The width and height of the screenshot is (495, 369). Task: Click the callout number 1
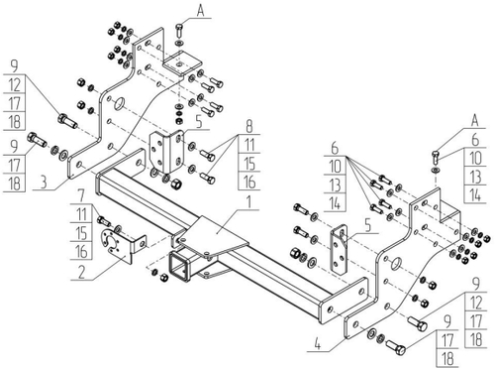pyautogui.click(x=249, y=202)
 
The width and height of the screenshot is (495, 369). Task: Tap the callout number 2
pyautogui.click(x=81, y=272)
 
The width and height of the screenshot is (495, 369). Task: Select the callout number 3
pyautogui.click(x=44, y=183)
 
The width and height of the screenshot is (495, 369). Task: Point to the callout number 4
pyautogui.click(x=317, y=345)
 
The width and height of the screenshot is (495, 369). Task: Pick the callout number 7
pyautogui.click(x=81, y=196)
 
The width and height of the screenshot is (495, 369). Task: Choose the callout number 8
pyautogui.click(x=249, y=126)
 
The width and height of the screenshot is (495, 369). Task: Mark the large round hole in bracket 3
pyautogui.click(x=120, y=104)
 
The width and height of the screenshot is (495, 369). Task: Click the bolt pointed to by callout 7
pyautogui.click(x=104, y=221)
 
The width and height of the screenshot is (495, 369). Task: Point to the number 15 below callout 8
pyautogui.click(x=249, y=164)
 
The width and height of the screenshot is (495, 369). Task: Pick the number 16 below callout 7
pyautogui.click(x=81, y=251)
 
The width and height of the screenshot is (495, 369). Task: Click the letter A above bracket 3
pyautogui.click(x=200, y=10)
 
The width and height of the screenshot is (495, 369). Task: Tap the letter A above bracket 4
pyautogui.click(x=474, y=120)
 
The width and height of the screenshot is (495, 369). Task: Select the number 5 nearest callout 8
pyautogui.click(x=199, y=122)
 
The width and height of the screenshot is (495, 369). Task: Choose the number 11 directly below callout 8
pyautogui.click(x=249, y=145)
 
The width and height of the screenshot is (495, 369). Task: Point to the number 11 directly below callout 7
pyautogui.click(x=81, y=214)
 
